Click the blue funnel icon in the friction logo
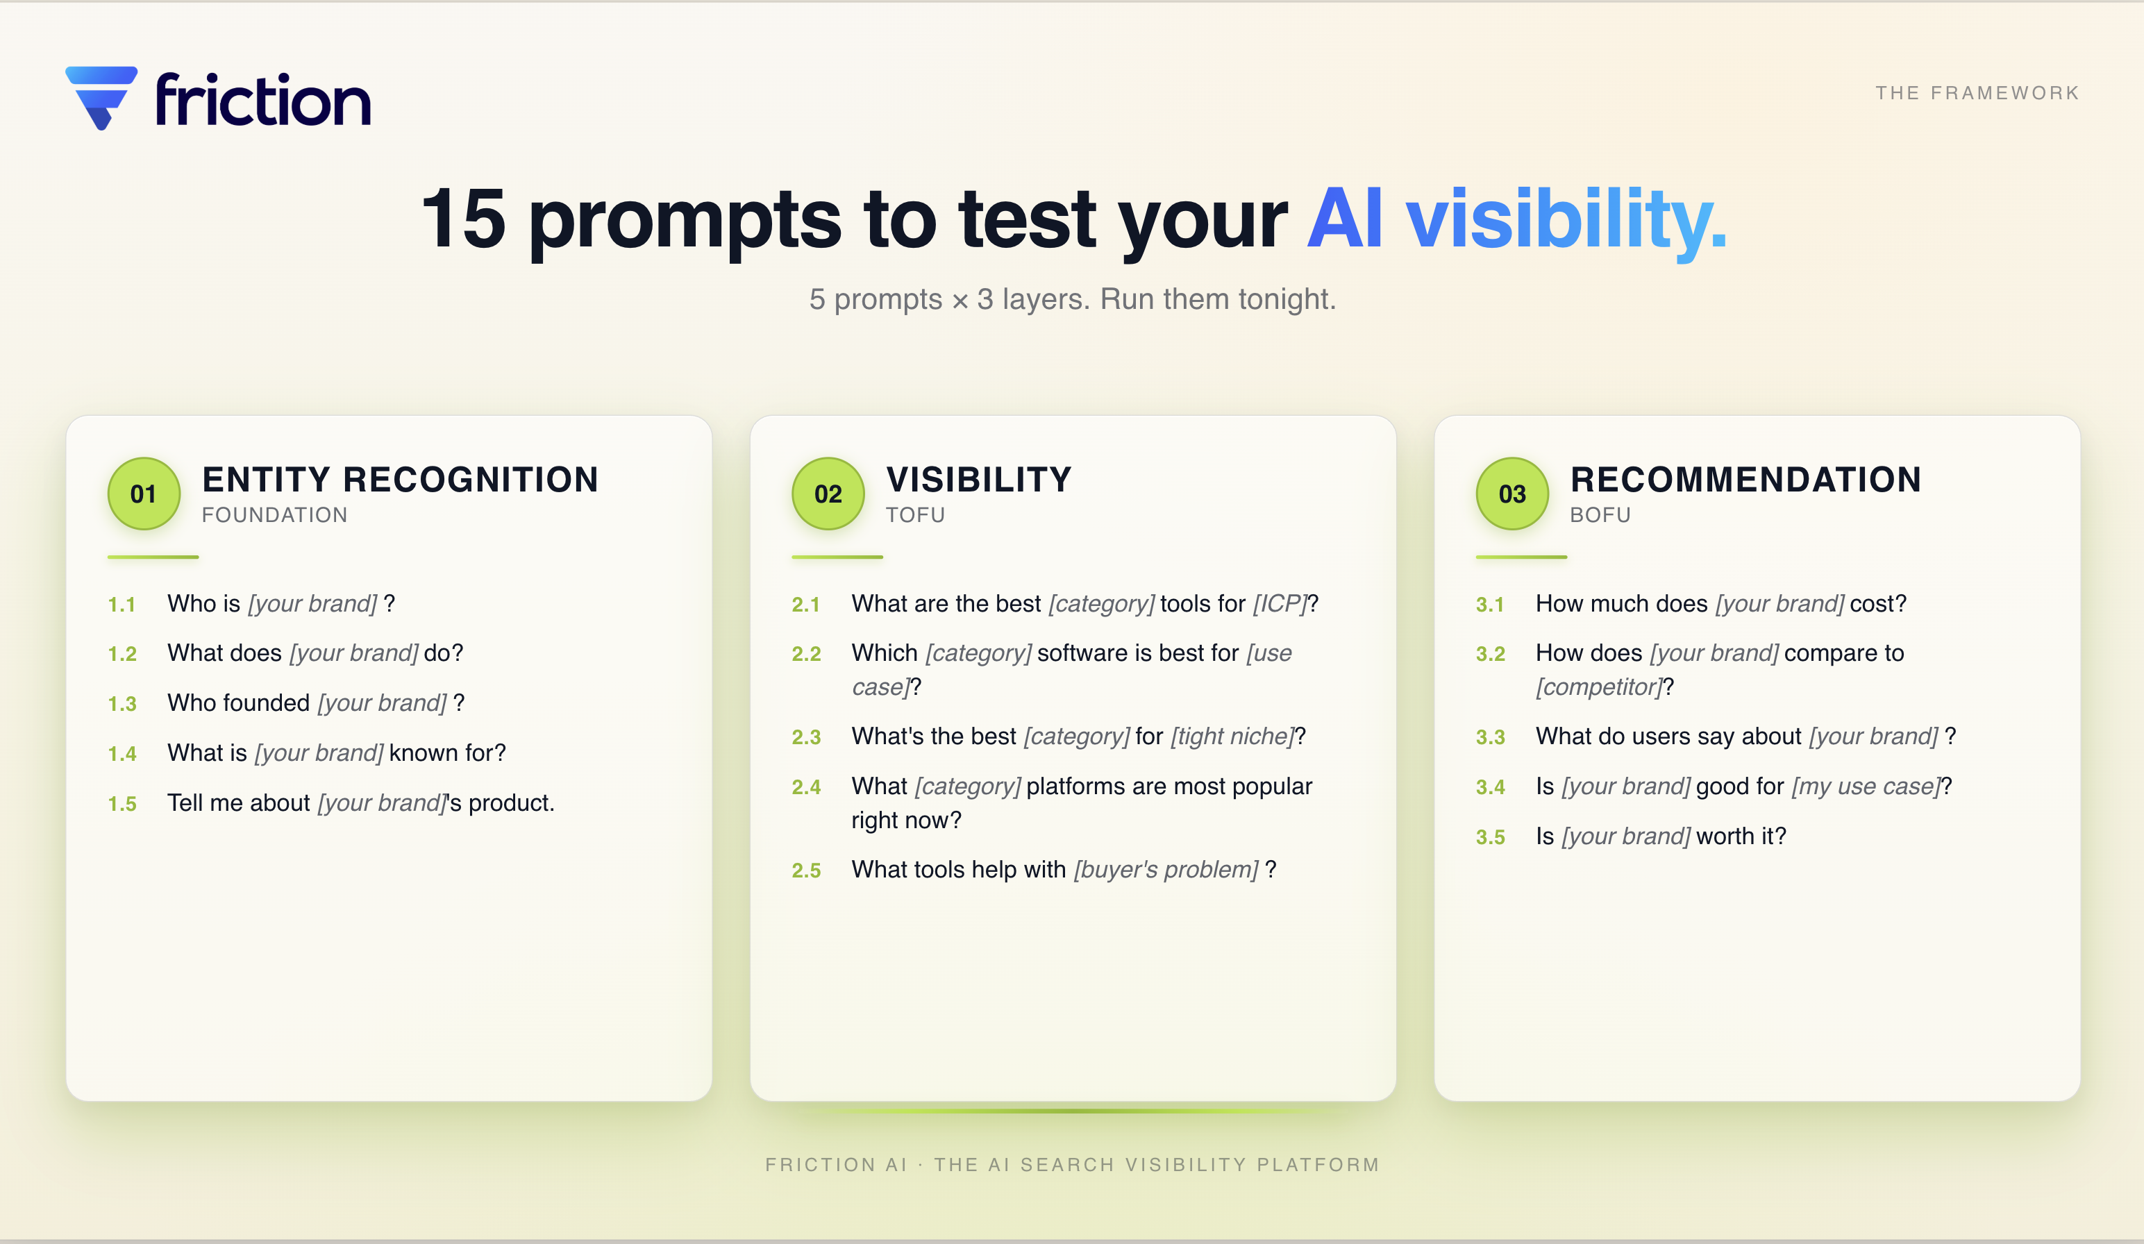point(101,96)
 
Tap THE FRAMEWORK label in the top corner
point(1977,93)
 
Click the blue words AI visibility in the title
point(1516,219)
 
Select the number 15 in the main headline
point(464,219)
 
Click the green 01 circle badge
point(144,494)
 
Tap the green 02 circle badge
point(828,494)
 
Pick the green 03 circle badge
point(1512,494)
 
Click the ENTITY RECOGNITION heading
point(400,479)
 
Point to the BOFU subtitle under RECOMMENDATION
point(1600,515)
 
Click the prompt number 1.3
point(122,704)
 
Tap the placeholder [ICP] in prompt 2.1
point(1280,603)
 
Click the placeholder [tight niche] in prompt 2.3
point(1232,736)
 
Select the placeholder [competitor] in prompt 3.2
point(1599,687)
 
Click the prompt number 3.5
point(1490,837)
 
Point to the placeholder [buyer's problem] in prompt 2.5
point(1166,870)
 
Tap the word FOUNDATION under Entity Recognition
point(274,515)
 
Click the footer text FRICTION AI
point(835,1164)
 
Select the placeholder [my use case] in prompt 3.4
point(1865,787)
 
